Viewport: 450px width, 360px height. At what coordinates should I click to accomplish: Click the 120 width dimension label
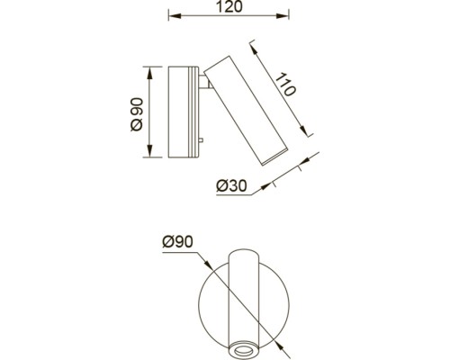click(x=229, y=6)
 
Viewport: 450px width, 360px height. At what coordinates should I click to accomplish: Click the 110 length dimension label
click(x=285, y=85)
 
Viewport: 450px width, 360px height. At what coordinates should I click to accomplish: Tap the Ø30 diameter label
click(x=231, y=186)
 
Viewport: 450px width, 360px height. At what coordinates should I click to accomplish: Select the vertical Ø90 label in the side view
click(x=137, y=114)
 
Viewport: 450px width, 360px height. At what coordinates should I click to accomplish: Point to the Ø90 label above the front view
click(x=177, y=242)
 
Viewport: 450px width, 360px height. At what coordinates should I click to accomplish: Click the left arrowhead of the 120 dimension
click(x=175, y=16)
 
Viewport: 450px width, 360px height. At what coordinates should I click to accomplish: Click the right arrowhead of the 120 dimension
click(x=283, y=16)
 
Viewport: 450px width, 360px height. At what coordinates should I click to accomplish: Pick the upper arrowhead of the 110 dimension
click(x=255, y=49)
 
